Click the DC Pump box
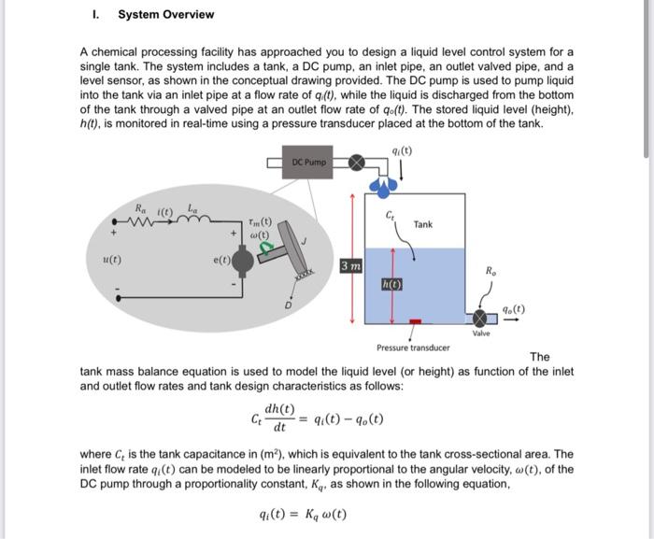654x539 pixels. pyautogui.click(x=309, y=162)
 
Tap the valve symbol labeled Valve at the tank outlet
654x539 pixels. pyautogui.click(x=480, y=319)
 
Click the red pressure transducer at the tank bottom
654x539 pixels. pyautogui.click(x=417, y=322)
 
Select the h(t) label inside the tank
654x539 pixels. pyautogui.click(x=391, y=285)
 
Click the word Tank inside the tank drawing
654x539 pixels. pyautogui.click(x=423, y=224)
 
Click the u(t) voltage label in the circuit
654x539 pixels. pyautogui.click(x=109, y=261)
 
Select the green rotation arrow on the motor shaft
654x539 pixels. pyautogui.click(x=267, y=247)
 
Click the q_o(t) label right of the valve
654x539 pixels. pyautogui.click(x=513, y=309)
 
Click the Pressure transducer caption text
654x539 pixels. pyautogui.click(x=413, y=348)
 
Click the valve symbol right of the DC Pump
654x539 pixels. pyautogui.click(x=356, y=162)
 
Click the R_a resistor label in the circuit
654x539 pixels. pyautogui.click(x=141, y=207)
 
